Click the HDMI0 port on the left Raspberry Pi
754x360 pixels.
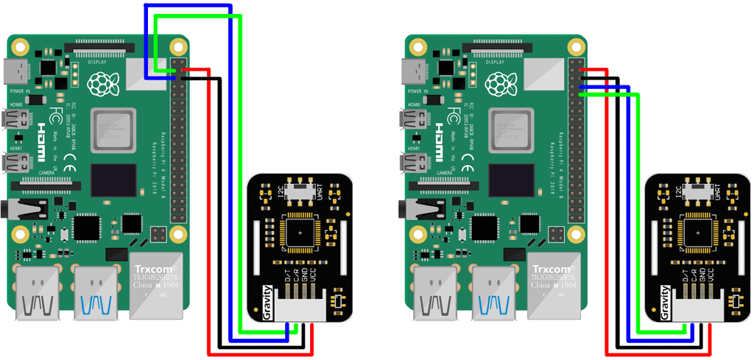15,119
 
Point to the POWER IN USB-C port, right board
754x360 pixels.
413,72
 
